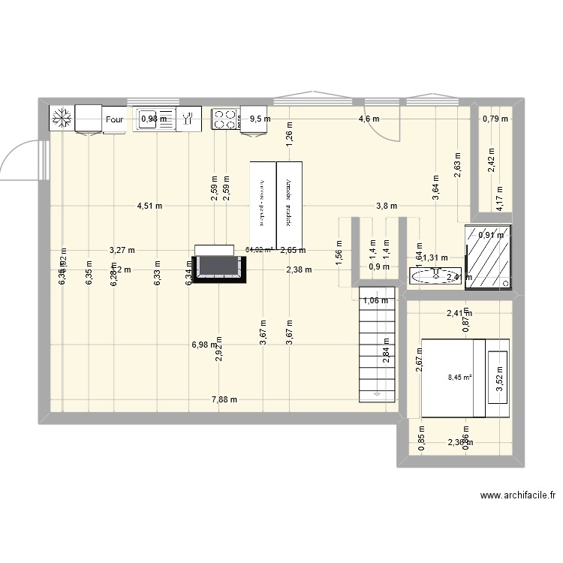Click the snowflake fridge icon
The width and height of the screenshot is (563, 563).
coord(62,118)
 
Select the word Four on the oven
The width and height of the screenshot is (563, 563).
coord(114,119)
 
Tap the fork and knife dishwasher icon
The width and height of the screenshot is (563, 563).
coord(188,118)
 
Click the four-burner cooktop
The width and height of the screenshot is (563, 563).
coord(224,118)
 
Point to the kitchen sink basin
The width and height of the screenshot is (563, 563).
coord(153,118)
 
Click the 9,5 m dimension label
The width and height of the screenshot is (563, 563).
coord(260,119)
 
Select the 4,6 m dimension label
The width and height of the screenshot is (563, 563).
coord(369,119)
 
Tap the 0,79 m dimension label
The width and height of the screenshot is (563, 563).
coord(495,119)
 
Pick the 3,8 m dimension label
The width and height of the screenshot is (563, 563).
coord(387,206)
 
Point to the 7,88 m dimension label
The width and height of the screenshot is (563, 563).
coord(224,399)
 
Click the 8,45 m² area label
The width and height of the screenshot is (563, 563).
coord(459,378)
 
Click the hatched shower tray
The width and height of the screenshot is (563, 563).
coord(488,256)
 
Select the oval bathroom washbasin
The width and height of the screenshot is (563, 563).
coord(430,277)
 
